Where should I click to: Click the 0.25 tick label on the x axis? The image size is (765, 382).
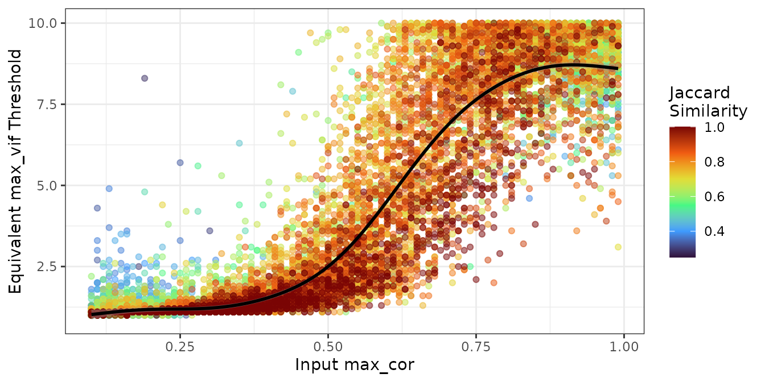click(x=180, y=346)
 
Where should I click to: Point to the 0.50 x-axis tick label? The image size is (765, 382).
click(x=328, y=346)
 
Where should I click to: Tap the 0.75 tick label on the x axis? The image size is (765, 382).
click(x=476, y=346)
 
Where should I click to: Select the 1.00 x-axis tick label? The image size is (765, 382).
click(x=624, y=346)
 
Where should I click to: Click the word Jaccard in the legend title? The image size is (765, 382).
click(x=700, y=94)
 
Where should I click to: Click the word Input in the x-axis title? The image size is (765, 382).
click(x=314, y=366)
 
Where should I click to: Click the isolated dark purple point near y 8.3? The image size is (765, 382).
click(x=145, y=78)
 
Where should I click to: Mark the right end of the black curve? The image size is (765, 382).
click(x=618, y=68)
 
